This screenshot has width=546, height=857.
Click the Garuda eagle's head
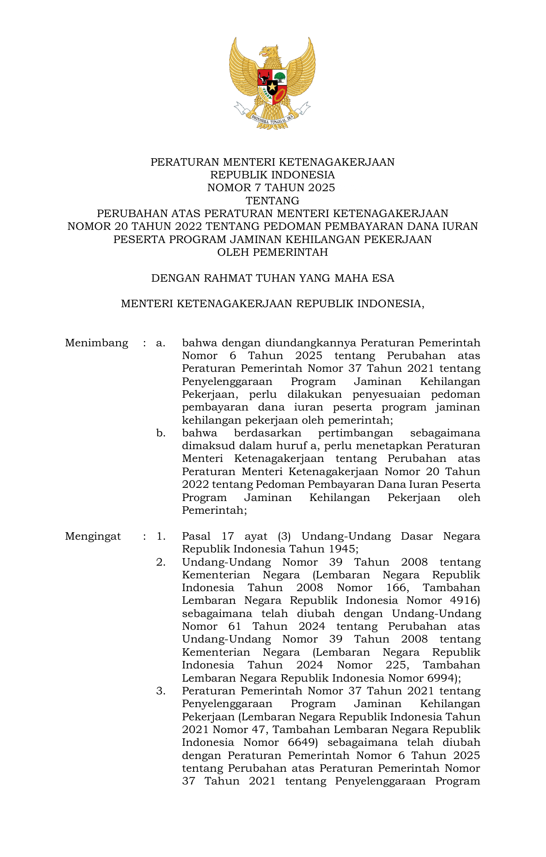click(269, 52)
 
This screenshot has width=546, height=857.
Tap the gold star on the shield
click(272, 87)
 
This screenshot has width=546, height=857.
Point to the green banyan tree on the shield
click(280, 78)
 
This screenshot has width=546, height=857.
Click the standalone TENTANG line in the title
click(272, 201)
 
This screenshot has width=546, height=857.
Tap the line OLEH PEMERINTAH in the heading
click(272, 252)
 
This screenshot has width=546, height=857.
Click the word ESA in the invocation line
click(383, 278)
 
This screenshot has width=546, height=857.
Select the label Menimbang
click(96, 343)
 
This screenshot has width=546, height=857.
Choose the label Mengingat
click(93, 536)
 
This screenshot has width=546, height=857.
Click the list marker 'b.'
click(161, 433)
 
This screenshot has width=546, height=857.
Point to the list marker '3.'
click(161, 691)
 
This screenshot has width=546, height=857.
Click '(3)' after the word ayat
click(285, 536)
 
